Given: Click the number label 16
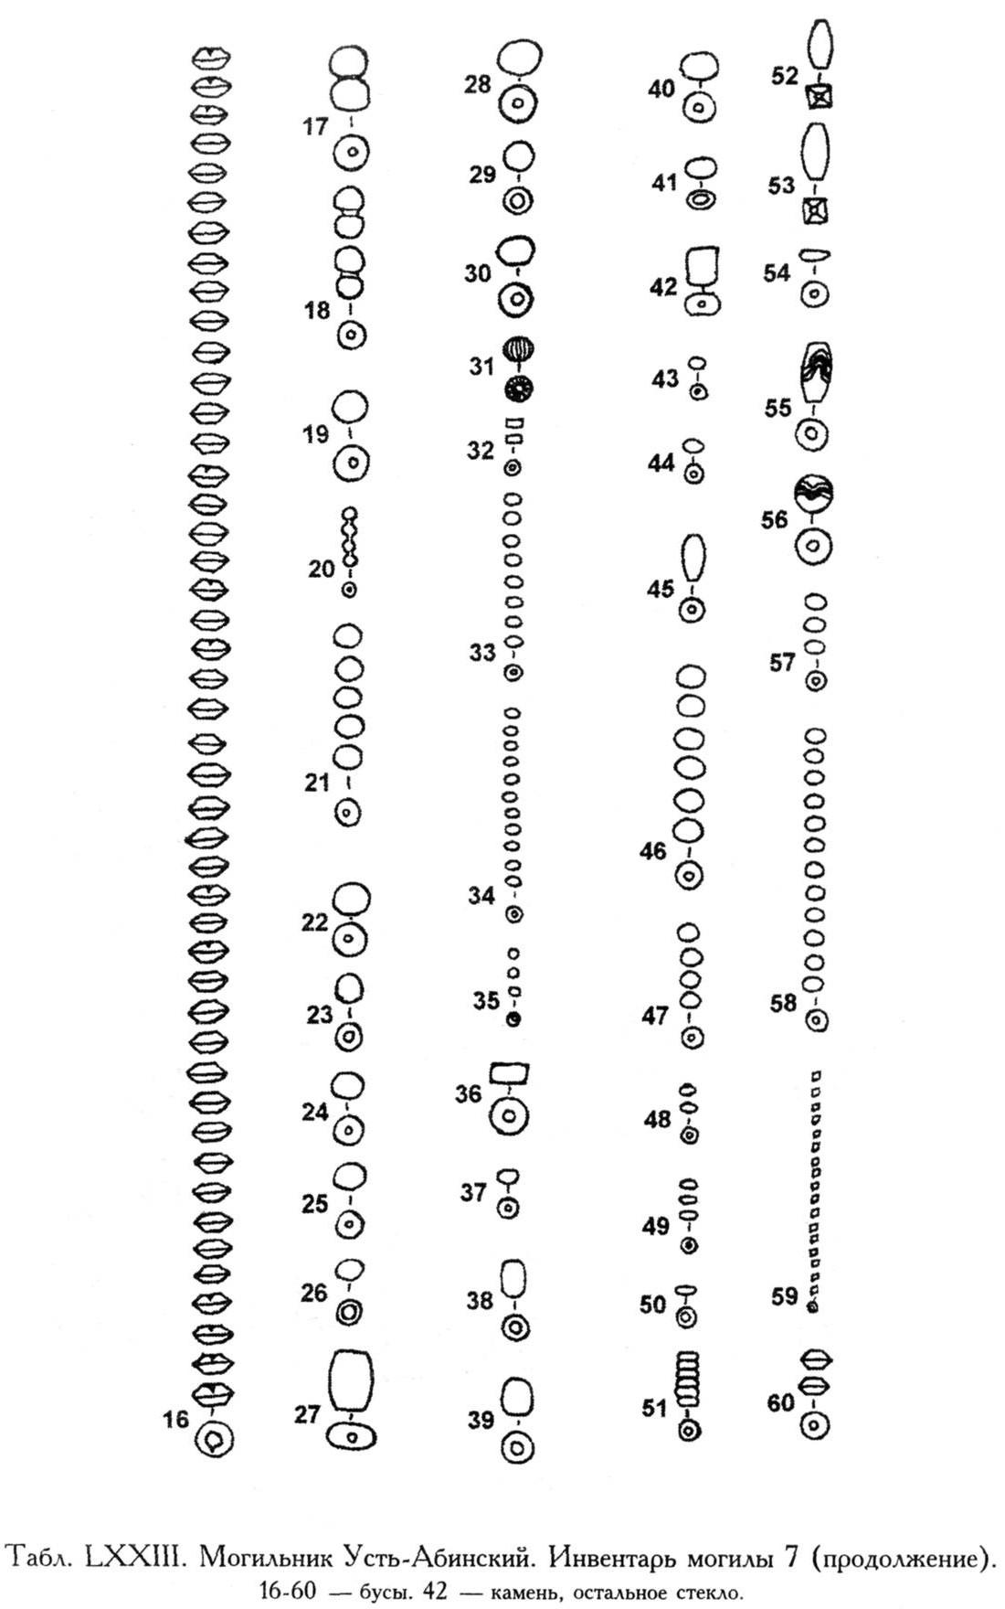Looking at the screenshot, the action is point(175,1420).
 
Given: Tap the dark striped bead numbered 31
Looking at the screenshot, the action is point(520,350).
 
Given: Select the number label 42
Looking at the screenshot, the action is point(664,287).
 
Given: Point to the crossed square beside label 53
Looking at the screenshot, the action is point(815,211).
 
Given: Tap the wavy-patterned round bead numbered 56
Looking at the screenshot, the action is point(814,495).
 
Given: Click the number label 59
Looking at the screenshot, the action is point(785,1296).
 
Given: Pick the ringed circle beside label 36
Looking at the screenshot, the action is point(509,1115).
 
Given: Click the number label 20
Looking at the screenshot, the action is point(322,569).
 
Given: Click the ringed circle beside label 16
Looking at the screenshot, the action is point(215,1441).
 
